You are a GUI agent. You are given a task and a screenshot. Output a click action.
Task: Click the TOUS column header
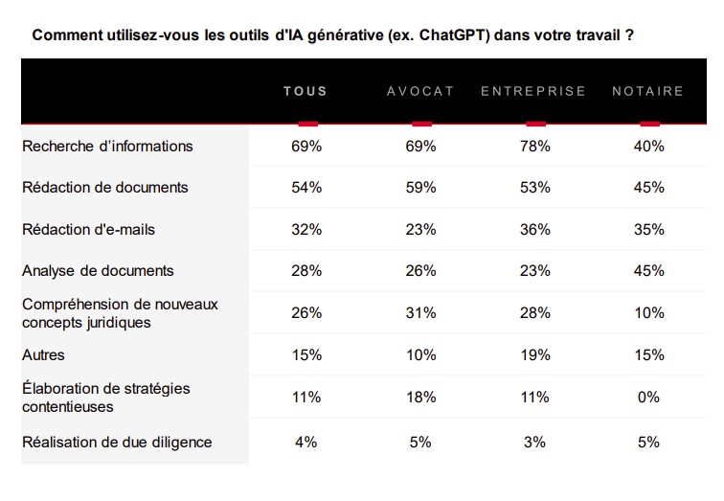(305, 91)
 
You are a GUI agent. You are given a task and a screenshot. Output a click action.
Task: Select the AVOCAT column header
(420, 91)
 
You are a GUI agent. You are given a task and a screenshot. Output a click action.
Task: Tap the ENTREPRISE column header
(533, 91)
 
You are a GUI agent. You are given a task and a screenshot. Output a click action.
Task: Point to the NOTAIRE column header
(647, 91)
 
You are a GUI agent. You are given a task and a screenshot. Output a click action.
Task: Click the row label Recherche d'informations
(107, 147)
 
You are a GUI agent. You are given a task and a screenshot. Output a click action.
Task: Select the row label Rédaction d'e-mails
(88, 230)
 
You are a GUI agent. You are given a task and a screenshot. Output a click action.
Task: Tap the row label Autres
(43, 355)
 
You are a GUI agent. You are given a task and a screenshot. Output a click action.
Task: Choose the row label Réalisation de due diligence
(117, 443)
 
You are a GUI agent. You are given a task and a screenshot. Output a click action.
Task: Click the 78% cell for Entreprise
(535, 147)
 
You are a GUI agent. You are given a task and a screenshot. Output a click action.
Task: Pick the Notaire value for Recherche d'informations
(648, 147)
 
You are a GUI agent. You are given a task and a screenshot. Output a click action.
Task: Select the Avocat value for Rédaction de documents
(420, 188)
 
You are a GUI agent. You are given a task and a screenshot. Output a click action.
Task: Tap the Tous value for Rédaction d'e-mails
(306, 230)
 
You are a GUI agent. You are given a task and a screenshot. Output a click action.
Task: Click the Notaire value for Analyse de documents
(648, 270)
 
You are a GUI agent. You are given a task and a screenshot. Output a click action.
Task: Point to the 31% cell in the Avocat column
(420, 313)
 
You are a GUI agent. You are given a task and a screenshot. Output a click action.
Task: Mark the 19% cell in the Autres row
(535, 355)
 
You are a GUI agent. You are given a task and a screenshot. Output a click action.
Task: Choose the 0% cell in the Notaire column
(648, 398)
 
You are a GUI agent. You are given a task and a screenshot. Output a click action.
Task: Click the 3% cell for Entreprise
(534, 443)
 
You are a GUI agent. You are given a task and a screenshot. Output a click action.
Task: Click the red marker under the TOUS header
(308, 124)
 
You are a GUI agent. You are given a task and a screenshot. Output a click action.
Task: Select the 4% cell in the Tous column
(306, 443)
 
